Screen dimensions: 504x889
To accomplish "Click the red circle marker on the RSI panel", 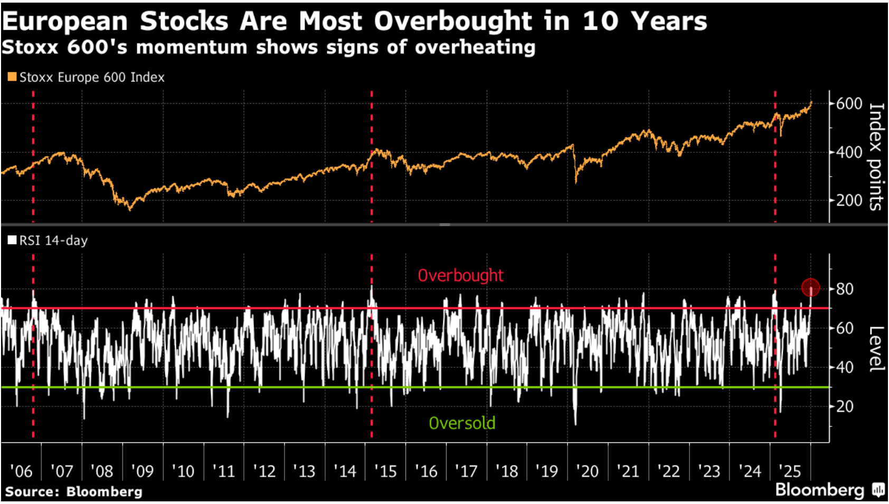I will (810, 288).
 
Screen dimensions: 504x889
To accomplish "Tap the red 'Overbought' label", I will (460, 275).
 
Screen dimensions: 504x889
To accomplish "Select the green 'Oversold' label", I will (462, 423).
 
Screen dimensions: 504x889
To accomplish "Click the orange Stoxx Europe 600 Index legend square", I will (12, 77).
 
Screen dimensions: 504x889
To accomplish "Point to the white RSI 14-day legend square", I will (12, 240).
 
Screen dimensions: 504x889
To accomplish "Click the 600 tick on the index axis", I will (849, 103).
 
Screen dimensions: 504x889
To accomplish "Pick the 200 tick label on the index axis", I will (849, 200).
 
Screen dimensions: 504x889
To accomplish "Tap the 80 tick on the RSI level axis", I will (845, 289).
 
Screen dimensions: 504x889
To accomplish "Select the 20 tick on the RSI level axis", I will (845, 406).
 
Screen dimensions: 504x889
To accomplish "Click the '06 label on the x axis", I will (21, 471).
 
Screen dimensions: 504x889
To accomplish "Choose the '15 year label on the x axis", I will (385, 471).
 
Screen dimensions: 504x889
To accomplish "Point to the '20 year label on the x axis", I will (587, 471).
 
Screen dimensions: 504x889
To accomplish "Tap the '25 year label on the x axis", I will (790, 471).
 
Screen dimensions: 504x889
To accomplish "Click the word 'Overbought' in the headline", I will (453, 22).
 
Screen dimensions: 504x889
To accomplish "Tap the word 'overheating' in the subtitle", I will (475, 47).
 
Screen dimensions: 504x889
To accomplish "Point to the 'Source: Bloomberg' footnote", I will (74, 492).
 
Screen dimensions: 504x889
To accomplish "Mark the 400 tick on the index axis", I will (849, 152).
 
